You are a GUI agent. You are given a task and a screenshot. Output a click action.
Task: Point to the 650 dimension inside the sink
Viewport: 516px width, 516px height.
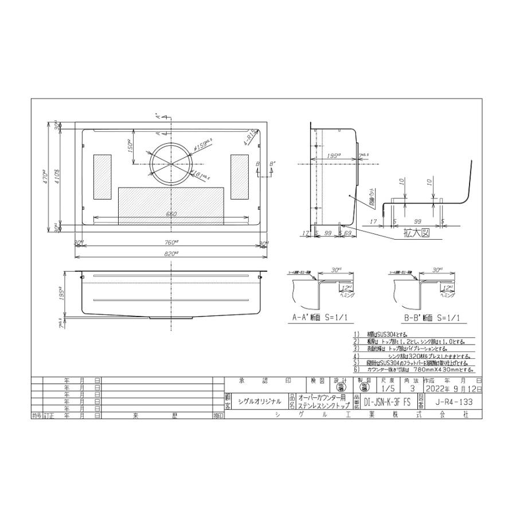coord(171,214)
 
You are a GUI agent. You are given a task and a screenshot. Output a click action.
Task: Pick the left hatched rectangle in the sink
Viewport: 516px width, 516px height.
coord(103,177)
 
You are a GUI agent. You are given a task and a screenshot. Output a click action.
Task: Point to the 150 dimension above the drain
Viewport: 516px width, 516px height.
coord(129,147)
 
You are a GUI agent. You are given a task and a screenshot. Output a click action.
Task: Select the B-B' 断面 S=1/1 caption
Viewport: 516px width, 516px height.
coord(425,317)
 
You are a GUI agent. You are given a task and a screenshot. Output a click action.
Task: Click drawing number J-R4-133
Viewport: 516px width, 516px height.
coord(459,402)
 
